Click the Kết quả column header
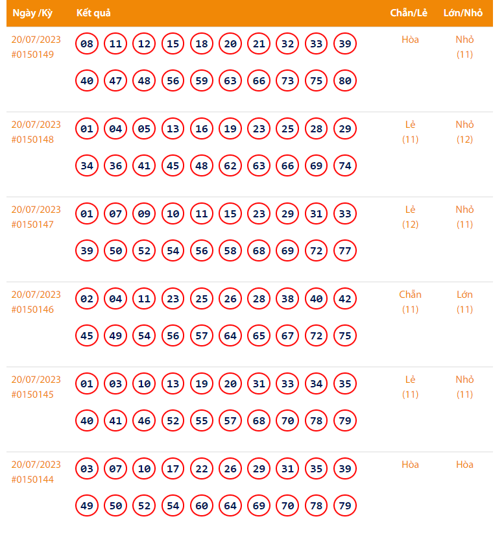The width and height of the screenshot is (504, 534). (x=93, y=13)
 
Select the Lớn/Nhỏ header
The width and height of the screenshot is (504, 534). (x=463, y=13)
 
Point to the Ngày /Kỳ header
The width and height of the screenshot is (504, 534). (x=32, y=13)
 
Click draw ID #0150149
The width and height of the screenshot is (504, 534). (x=32, y=55)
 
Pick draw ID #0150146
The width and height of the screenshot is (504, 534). (x=32, y=309)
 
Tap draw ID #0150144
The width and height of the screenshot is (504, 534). (x=32, y=479)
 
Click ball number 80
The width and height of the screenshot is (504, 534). (x=345, y=81)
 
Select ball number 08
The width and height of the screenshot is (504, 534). (x=87, y=44)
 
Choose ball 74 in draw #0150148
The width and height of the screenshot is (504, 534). (x=345, y=166)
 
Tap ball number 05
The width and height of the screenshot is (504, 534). (x=144, y=129)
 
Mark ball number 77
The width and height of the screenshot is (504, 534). (x=345, y=251)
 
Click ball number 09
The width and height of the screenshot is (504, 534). (x=144, y=214)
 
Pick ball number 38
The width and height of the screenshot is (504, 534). (x=287, y=299)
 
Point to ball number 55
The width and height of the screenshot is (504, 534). (x=202, y=421)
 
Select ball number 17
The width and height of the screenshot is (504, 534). (x=173, y=469)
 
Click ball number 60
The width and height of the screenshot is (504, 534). (x=202, y=506)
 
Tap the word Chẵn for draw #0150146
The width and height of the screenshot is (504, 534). (x=410, y=295)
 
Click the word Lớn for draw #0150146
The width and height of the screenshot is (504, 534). (x=464, y=295)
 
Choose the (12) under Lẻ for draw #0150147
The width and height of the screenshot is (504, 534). (x=410, y=225)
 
